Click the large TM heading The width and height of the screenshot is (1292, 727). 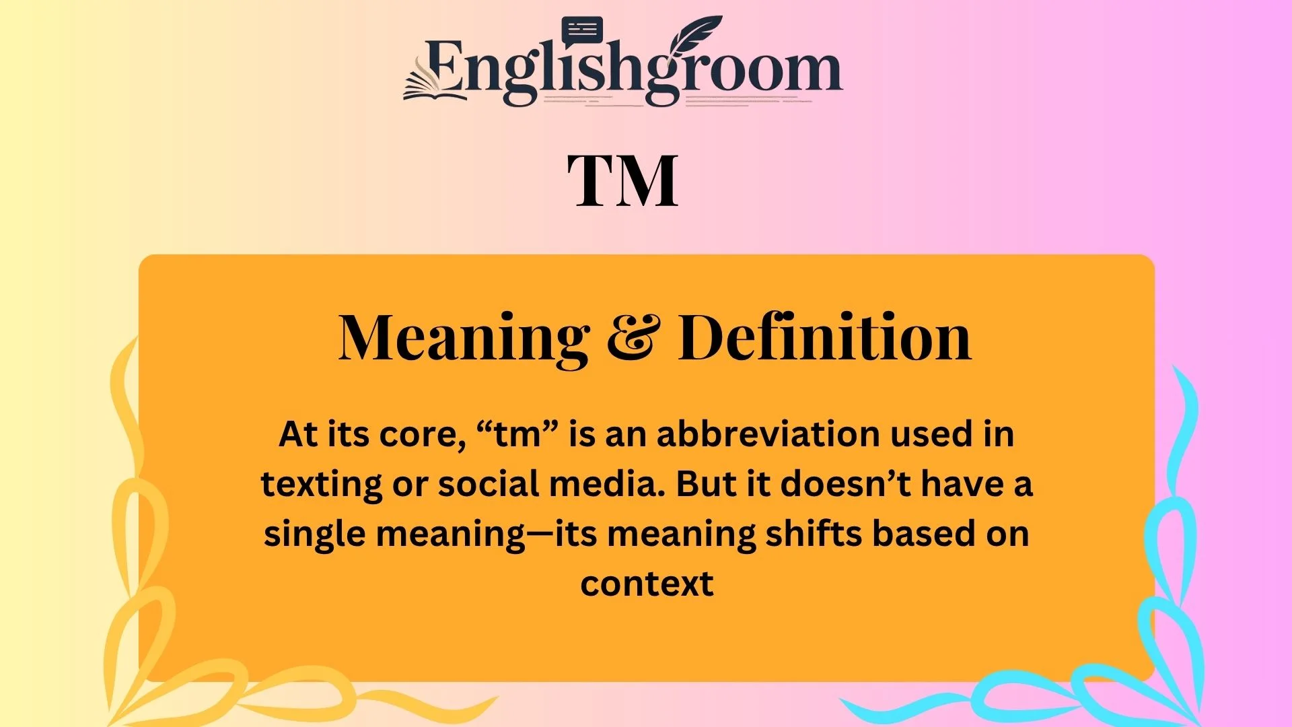(622, 180)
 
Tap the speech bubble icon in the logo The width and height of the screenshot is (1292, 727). (582, 30)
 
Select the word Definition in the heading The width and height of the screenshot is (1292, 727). (824, 338)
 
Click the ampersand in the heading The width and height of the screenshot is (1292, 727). (633, 338)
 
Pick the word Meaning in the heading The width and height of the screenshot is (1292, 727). (464, 338)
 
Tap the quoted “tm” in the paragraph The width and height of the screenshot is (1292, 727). (517, 434)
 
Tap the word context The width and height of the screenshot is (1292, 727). (647, 584)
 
